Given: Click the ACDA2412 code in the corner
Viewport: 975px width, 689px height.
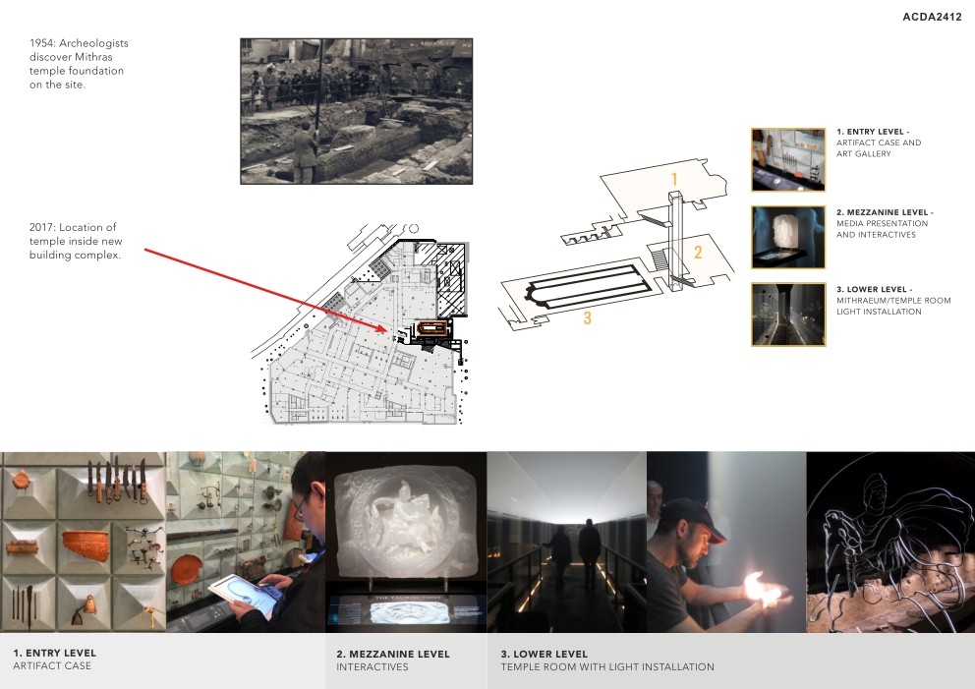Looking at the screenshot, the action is click(x=932, y=17).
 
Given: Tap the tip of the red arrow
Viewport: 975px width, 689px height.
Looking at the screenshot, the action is click(x=387, y=330).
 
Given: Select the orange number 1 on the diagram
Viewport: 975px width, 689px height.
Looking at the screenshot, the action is click(x=674, y=179).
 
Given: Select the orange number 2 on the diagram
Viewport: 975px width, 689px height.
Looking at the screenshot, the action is click(x=698, y=252).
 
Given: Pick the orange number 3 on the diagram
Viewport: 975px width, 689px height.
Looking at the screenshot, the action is click(x=587, y=318).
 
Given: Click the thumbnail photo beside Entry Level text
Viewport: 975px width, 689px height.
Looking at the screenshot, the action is click(x=788, y=160).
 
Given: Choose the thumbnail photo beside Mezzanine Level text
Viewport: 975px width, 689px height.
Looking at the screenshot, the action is click(x=788, y=237).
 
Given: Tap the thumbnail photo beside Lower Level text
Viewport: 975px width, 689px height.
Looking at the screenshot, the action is click(x=788, y=314).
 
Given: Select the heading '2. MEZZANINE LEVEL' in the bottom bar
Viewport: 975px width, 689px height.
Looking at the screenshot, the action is click(x=393, y=655).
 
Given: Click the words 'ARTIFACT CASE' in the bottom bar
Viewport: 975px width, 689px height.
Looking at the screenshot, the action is click(x=52, y=666).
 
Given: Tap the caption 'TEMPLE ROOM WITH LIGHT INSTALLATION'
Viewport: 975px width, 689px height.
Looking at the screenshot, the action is click(x=607, y=667).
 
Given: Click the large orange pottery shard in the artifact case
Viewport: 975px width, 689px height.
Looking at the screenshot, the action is click(x=86, y=545).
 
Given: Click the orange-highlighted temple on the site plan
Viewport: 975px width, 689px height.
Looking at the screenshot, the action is click(x=431, y=328).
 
